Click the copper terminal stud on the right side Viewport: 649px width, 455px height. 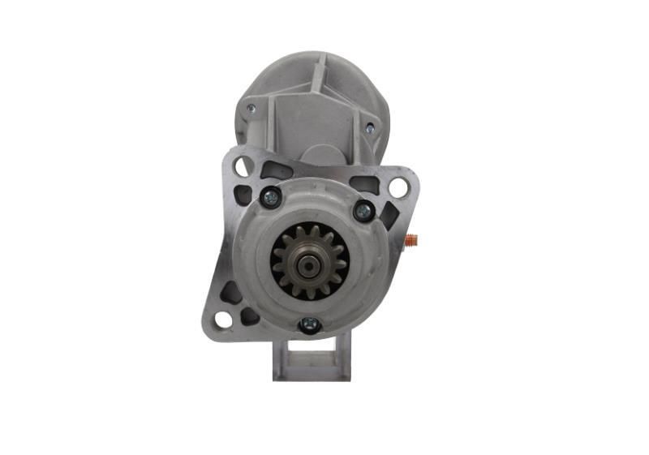[x=410, y=240]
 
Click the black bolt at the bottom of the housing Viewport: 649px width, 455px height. [x=308, y=324]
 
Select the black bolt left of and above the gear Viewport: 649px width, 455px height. [x=270, y=196]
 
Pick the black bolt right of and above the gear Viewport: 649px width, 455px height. [x=363, y=211]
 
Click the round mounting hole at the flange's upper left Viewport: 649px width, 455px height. [x=242, y=166]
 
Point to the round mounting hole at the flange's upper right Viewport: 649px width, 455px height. [x=398, y=187]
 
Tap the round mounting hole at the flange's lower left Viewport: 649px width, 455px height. [x=221, y=319]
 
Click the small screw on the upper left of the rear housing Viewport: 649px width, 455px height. [x=251, y=108]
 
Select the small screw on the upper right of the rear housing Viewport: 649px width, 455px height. [x=370, y=128]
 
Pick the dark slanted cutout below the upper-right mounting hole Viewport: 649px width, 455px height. [x=390, y=214]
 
